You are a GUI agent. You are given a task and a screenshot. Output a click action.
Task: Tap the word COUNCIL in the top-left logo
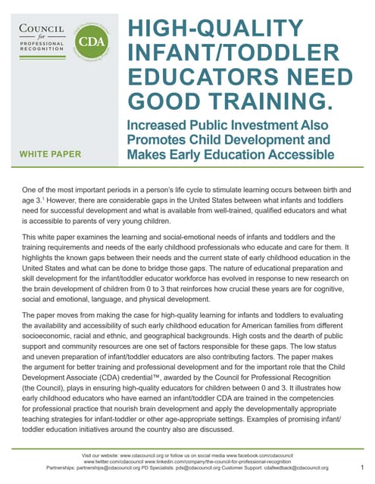coord(40,30)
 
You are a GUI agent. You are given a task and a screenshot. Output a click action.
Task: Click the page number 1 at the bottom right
coord(363,468)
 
